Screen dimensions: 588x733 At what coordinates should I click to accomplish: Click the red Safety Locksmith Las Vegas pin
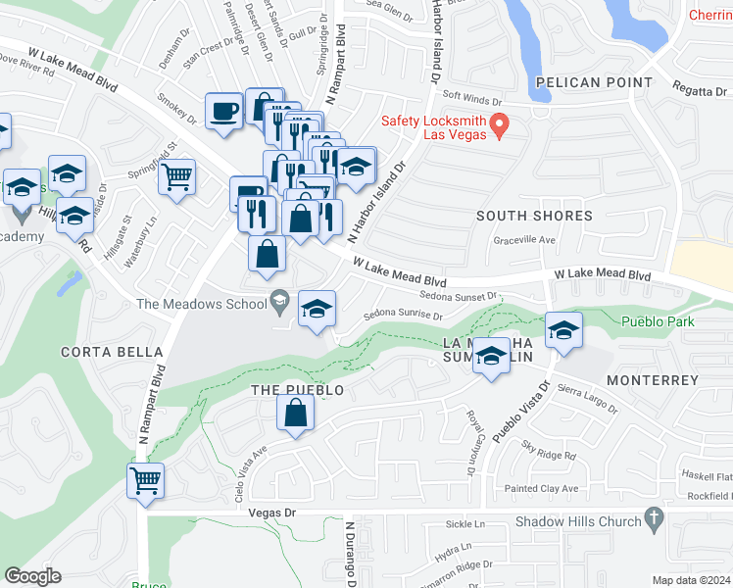[x=499, y=125]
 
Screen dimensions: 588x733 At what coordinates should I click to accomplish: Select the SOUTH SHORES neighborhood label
[x=534, y=216]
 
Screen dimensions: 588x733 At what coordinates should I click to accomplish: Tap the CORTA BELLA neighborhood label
[x=112, y=352]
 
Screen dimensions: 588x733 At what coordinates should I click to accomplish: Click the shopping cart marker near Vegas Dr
[x=145, y=480]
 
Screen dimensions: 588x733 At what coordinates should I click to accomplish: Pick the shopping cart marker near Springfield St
[x=177, y=177]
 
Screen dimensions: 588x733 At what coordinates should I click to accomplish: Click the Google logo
[x=32, y=576]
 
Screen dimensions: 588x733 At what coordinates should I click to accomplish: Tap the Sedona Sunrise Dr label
[x=403, y=317]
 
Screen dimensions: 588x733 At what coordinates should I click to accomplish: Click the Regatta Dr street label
[x=696, y=88]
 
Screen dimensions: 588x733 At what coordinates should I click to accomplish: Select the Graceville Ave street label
[x=524, y=239]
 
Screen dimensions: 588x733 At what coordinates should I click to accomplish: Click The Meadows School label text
[x=201, y=304]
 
